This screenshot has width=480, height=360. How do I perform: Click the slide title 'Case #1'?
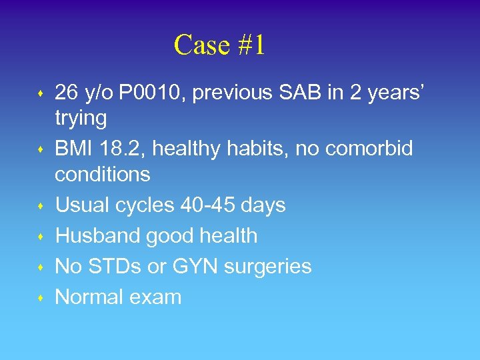pyautogui.click(x=219, y=45)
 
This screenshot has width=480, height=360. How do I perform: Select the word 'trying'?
pyautogui.click(x=81, y=119)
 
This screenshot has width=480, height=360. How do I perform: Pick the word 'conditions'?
pyautogui.click(x=103, y=175)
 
